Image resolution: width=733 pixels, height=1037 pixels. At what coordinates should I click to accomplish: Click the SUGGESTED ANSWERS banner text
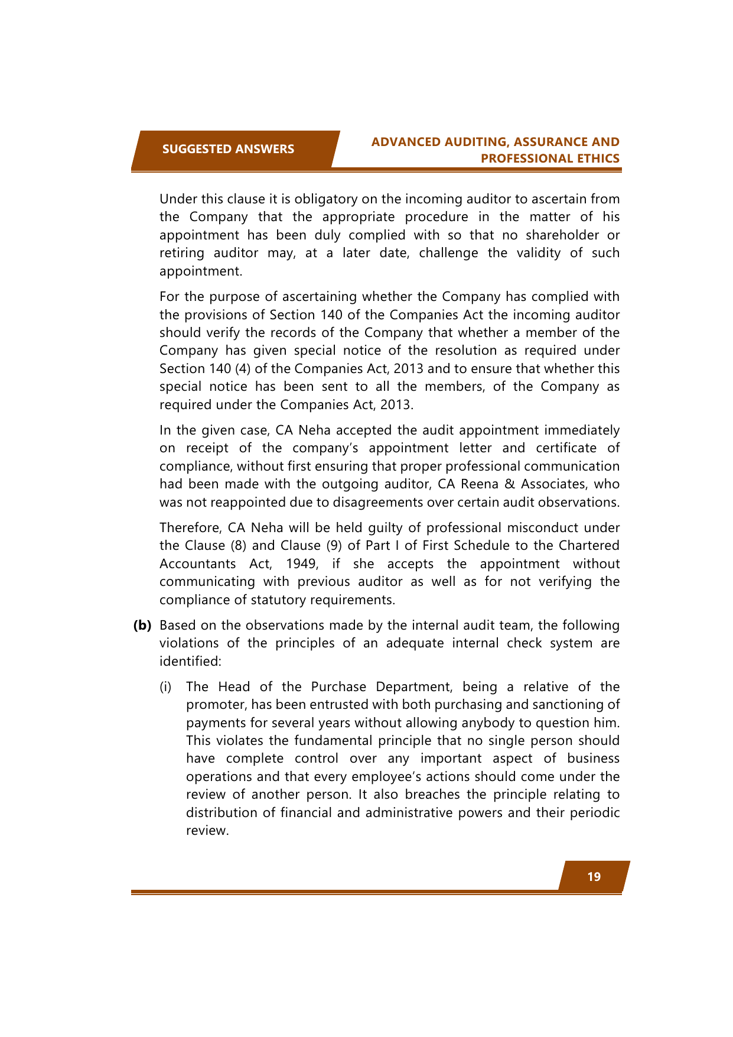tap(228, 149)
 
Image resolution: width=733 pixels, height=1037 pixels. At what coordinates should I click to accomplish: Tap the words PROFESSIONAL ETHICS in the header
tap(550, 158)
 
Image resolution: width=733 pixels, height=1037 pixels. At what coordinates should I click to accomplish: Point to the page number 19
tap(594, 877)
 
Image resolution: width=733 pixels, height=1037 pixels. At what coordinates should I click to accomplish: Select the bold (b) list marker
tap(142, 625)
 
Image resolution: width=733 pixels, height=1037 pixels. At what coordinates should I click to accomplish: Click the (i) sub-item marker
tap(165, 686)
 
